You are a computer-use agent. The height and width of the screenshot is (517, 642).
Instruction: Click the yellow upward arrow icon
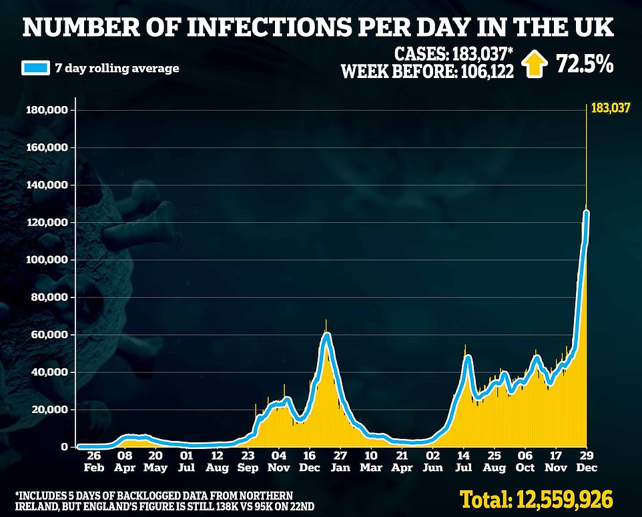tap(535, 65)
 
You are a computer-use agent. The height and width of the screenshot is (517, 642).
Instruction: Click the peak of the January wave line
tap(326, 334)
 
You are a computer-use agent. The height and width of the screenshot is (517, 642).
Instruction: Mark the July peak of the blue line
tap(468, 358)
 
